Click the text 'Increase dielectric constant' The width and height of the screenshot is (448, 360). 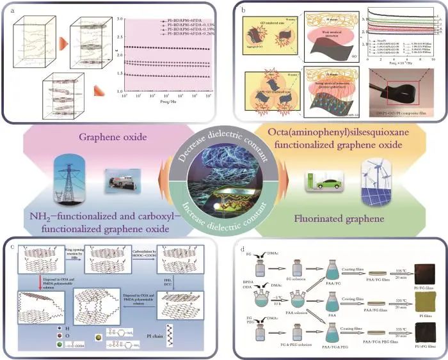pyautogui.click(x=223, y=196)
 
